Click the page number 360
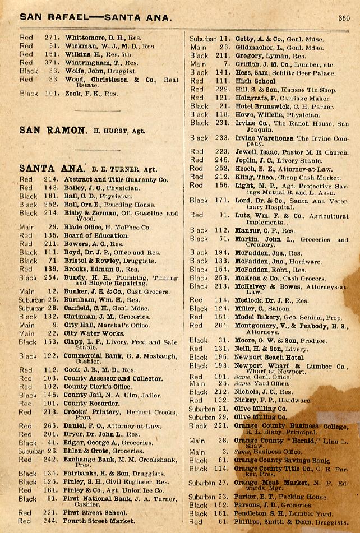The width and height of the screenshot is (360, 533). (344, 17)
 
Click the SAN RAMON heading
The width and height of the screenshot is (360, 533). (53, 130)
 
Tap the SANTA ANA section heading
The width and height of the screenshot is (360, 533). (52, 168)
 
